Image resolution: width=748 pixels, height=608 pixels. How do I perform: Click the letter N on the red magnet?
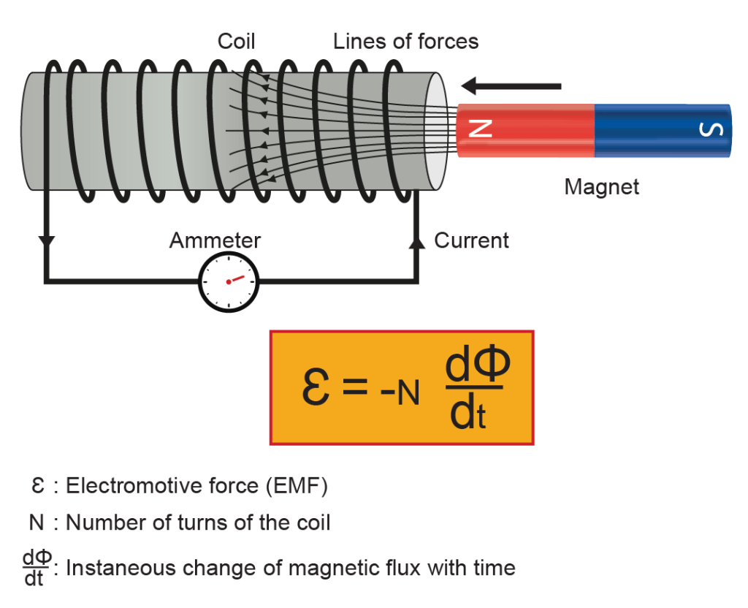(x=480, y=129)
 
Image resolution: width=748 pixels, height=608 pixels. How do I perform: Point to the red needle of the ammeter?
(x=235, y=279)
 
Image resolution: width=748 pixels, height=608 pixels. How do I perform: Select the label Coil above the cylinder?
(x=236, y=42)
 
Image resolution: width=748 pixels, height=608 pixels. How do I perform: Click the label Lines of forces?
(x=405, y=42)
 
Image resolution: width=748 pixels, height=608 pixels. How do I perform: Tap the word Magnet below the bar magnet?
(x=602, y=187)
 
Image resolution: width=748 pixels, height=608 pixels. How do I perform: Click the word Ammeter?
(x=215, y=240)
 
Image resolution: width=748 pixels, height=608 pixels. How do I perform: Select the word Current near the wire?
(x=472, y=240)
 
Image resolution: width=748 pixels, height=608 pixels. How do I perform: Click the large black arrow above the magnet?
(x=511, y=86)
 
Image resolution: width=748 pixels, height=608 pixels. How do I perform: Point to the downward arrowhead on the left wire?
(x=48, y=241)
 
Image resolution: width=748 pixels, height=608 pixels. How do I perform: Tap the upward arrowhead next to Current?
(x=416, y=241)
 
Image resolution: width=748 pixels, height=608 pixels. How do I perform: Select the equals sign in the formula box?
(x=354, y=388)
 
